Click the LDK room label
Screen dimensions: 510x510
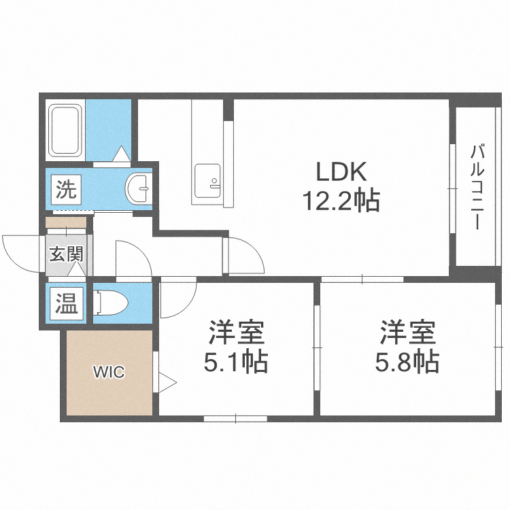(x=340, y=172)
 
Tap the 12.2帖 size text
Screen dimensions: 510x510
(x=340, y=201)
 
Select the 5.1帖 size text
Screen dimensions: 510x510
(x=236, y=361)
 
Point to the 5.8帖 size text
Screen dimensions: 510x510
(x=407, y=361)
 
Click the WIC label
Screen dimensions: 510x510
(x=109, y=372)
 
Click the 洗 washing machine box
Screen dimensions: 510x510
(x=66, y=188)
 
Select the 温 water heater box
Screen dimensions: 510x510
(x=66, y=303)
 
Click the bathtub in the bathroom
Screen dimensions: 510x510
(x=66, y=131)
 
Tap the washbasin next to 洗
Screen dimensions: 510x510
(x=139, y=188)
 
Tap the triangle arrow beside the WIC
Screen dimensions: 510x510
(x=166, y=381)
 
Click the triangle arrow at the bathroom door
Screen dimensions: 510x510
(x=121, y=155)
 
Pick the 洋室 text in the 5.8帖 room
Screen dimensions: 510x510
(x=407, y=333)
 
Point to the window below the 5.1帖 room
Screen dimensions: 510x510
(x=235, y=418)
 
